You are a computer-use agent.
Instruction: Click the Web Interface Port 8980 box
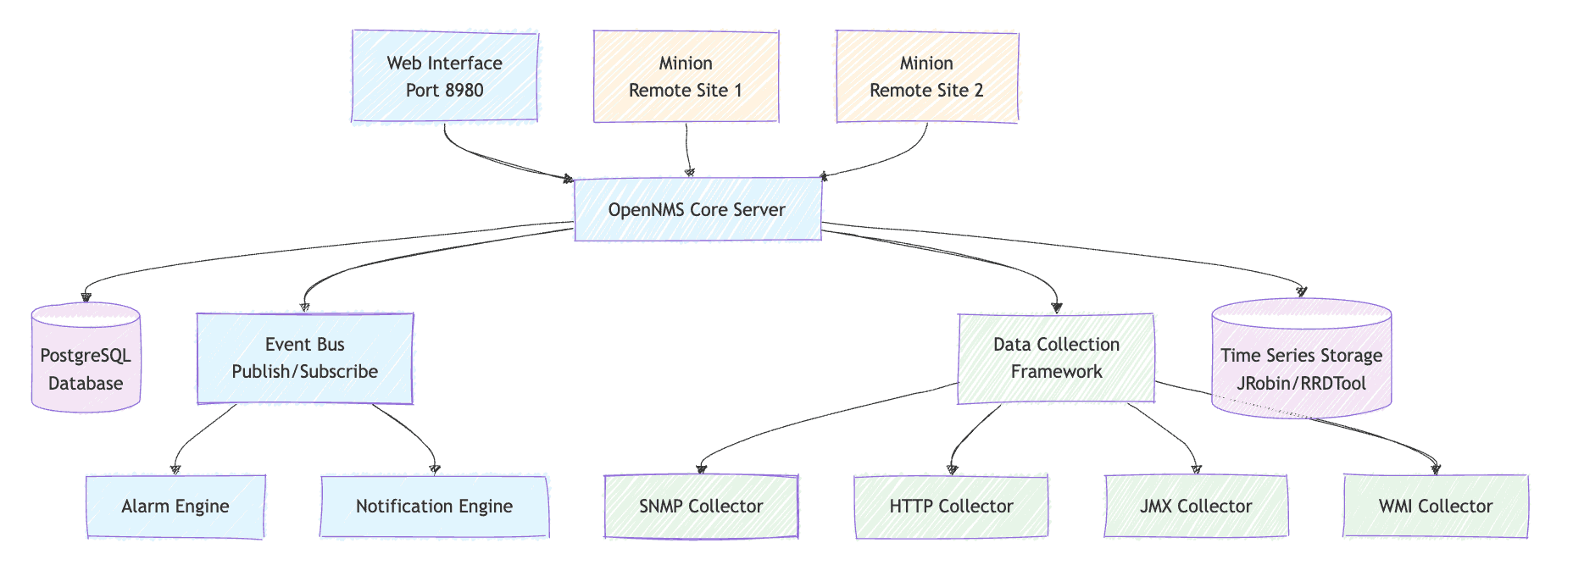pyautogui.click(x=445, y=76)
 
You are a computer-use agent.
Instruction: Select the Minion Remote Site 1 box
pyautogui.click(x=686, y=76)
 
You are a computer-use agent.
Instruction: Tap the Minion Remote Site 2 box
pyautogui.click(x=927, y=76)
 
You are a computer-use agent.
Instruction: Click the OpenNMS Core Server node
pyautogui.click(x=698, y=209)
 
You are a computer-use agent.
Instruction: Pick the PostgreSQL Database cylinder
pyautogui.click(x=86, y=357)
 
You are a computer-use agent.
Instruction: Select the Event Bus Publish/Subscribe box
pyautogui.click(x=305, y=358)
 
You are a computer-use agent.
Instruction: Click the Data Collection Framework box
pyautogui.click(x=1057, y=358)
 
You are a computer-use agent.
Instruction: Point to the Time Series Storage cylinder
pyautogui.click(x=1302, y=358)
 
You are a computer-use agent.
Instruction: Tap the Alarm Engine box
pyautogui.click(x=175, y=507)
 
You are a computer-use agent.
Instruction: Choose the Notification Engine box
pyautogui.click(x=435, y=507)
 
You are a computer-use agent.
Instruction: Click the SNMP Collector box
pyautogui.click(x=702, y=507)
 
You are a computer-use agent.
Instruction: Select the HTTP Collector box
pyautogui.click(x=952, y=507)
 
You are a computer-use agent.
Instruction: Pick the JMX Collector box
pyautogui.click(x=1196, y=507)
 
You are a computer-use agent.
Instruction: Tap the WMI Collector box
pyautogui.click(x=1436, y=507)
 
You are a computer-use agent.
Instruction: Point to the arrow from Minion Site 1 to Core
pyautogui.click(x=688, y=150)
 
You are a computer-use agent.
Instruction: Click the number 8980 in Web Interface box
pyautogui.click(x=464, y=91)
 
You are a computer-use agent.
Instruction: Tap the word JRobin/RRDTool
pyautogui.click(x=1302, y=384)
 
